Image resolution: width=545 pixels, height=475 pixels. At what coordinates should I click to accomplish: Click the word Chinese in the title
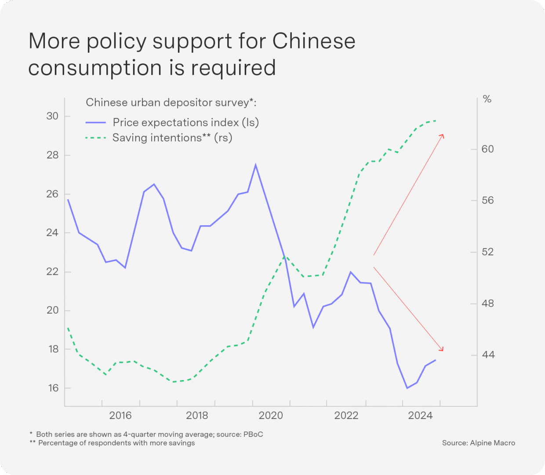[313, 41]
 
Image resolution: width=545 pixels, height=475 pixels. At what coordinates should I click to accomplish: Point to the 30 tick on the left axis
[52, 116]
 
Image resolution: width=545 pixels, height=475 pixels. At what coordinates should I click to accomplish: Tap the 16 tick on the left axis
[53, 388]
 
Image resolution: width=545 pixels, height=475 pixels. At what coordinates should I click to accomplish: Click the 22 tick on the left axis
[52, 271]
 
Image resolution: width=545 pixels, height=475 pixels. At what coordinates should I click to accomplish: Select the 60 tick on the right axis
[487, 149]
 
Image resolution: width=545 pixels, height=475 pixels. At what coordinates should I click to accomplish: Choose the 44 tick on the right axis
[488, 354]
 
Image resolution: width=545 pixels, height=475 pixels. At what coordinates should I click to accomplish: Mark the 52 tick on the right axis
[487, 252]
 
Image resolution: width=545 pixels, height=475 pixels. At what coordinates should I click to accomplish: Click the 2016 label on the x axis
[120, 415]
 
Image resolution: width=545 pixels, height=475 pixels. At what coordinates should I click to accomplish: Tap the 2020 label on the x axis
[271, 415]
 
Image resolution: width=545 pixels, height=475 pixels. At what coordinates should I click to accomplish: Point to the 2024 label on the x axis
[420, 415]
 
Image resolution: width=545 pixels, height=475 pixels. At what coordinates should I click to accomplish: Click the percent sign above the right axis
[487, 99]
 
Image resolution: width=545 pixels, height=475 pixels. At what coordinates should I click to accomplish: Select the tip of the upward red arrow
[443, 135]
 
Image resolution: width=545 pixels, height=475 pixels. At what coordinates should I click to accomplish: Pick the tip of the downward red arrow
[443, 351]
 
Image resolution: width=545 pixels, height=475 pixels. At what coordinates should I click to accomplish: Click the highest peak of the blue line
[256, 165]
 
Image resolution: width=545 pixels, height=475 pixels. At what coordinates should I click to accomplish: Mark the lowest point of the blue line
[407, 388]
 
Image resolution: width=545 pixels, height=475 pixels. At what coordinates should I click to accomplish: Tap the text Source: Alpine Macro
[478, 443]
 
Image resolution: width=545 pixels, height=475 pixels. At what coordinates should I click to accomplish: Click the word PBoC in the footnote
[253, 435]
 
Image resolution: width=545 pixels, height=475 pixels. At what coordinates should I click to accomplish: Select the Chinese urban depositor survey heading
[171, 102]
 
